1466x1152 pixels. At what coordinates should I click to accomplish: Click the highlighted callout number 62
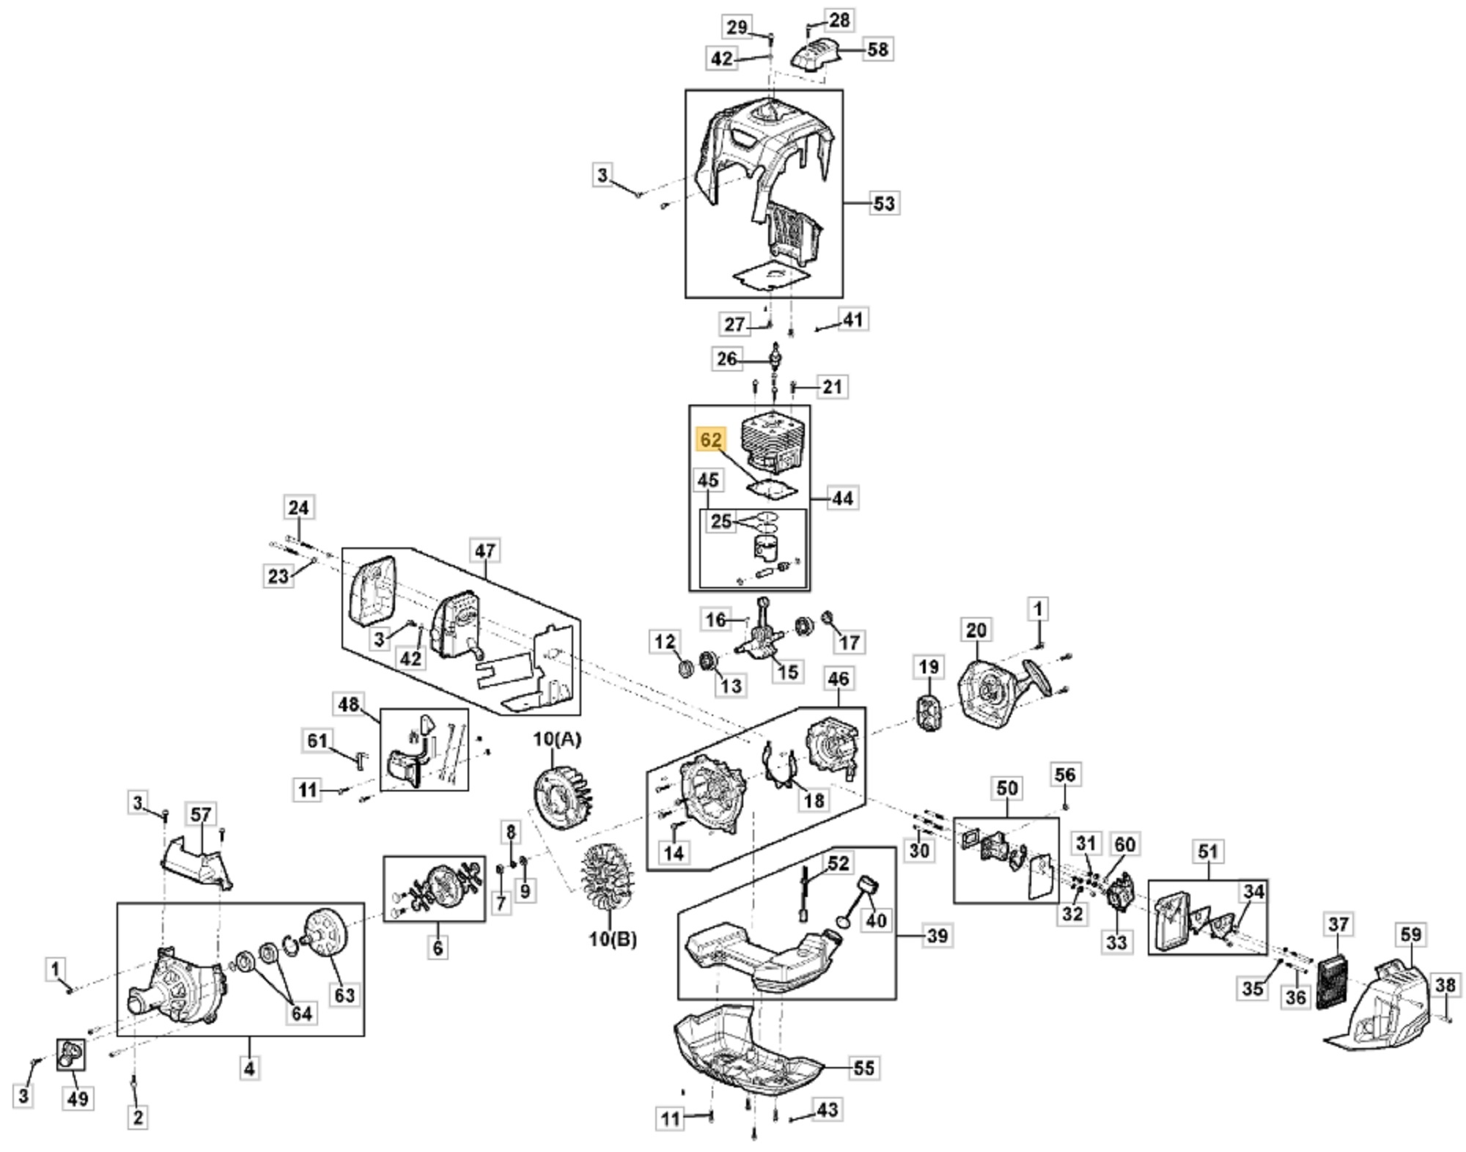(710, 440)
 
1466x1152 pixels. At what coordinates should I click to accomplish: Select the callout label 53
(884, 203)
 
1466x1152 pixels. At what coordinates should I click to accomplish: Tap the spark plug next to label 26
(773, 358)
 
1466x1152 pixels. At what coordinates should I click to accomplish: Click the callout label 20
(976, 630)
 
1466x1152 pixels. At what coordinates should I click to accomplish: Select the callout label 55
(864, 1068)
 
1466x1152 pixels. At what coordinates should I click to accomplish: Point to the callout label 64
(301, 1013)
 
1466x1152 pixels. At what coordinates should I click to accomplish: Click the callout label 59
(1410, 934)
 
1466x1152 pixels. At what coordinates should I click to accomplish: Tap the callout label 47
(485, 550)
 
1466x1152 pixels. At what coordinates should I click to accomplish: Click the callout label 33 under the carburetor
(1116, 942)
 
